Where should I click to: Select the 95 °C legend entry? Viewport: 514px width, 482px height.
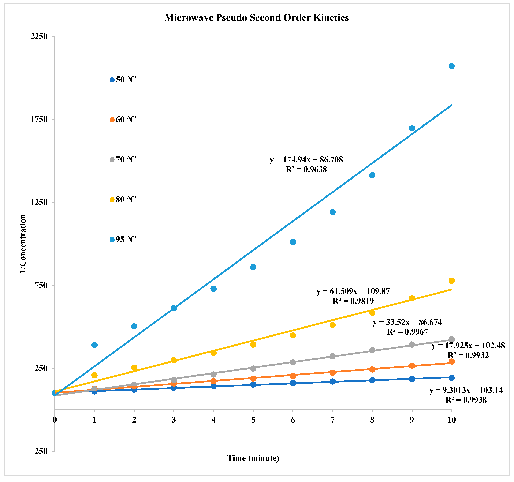[x=123, y=239]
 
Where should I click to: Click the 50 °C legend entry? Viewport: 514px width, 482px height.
[x=123, y=80]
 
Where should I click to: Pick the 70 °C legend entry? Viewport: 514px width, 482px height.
[x=123, y=159]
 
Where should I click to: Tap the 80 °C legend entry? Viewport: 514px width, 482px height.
[x=123, y=199]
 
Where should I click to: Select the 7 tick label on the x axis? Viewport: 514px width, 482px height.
[x=332, y=420]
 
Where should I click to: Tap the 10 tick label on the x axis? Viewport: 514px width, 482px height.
[x=451, y=420]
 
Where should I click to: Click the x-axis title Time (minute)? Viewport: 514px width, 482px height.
[x=253, y=458]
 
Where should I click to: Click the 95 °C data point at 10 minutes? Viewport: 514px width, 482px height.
[x=451, y=66]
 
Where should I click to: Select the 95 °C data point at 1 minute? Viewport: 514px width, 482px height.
[x=94, y=345]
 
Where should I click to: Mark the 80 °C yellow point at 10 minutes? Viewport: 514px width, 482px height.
[x=451, y=281]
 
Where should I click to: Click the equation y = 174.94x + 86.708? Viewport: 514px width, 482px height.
[x=306, y=160]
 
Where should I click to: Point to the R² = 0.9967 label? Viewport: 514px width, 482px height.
[x=408, y=332]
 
